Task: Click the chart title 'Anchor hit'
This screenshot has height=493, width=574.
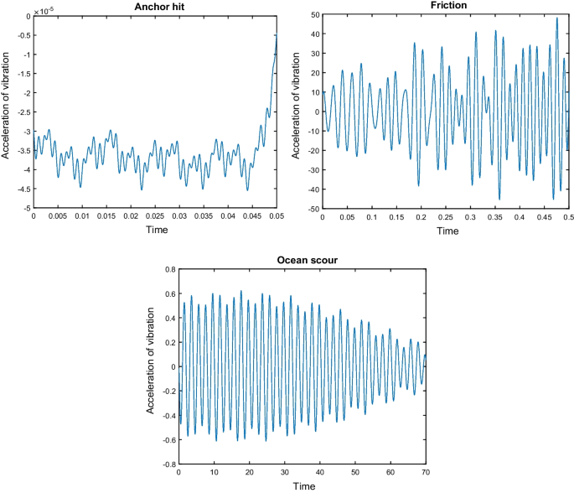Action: pyautogui.click(x=155, y=6)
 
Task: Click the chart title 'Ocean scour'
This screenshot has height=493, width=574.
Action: pyautogui.click(x=303, y=261)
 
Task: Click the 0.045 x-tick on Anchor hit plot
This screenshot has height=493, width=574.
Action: pyautogui.click(x=252, y=216)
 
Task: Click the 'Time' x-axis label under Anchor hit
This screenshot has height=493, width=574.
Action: pyautogui.click(x=155, y=228)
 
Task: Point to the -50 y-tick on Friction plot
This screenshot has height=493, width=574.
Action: pyautogui.click(x=310, y=208)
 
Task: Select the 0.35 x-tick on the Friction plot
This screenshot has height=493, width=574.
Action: pyautogui.click(x=494, y=216)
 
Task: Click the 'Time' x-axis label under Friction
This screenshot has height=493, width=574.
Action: pyautogui.click(x=445, y=228)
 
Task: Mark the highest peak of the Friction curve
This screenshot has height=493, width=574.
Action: pyautogui.click(x=556, y=18)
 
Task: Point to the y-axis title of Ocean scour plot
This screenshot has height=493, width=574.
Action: pyautogui.click(x=152, y=366)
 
